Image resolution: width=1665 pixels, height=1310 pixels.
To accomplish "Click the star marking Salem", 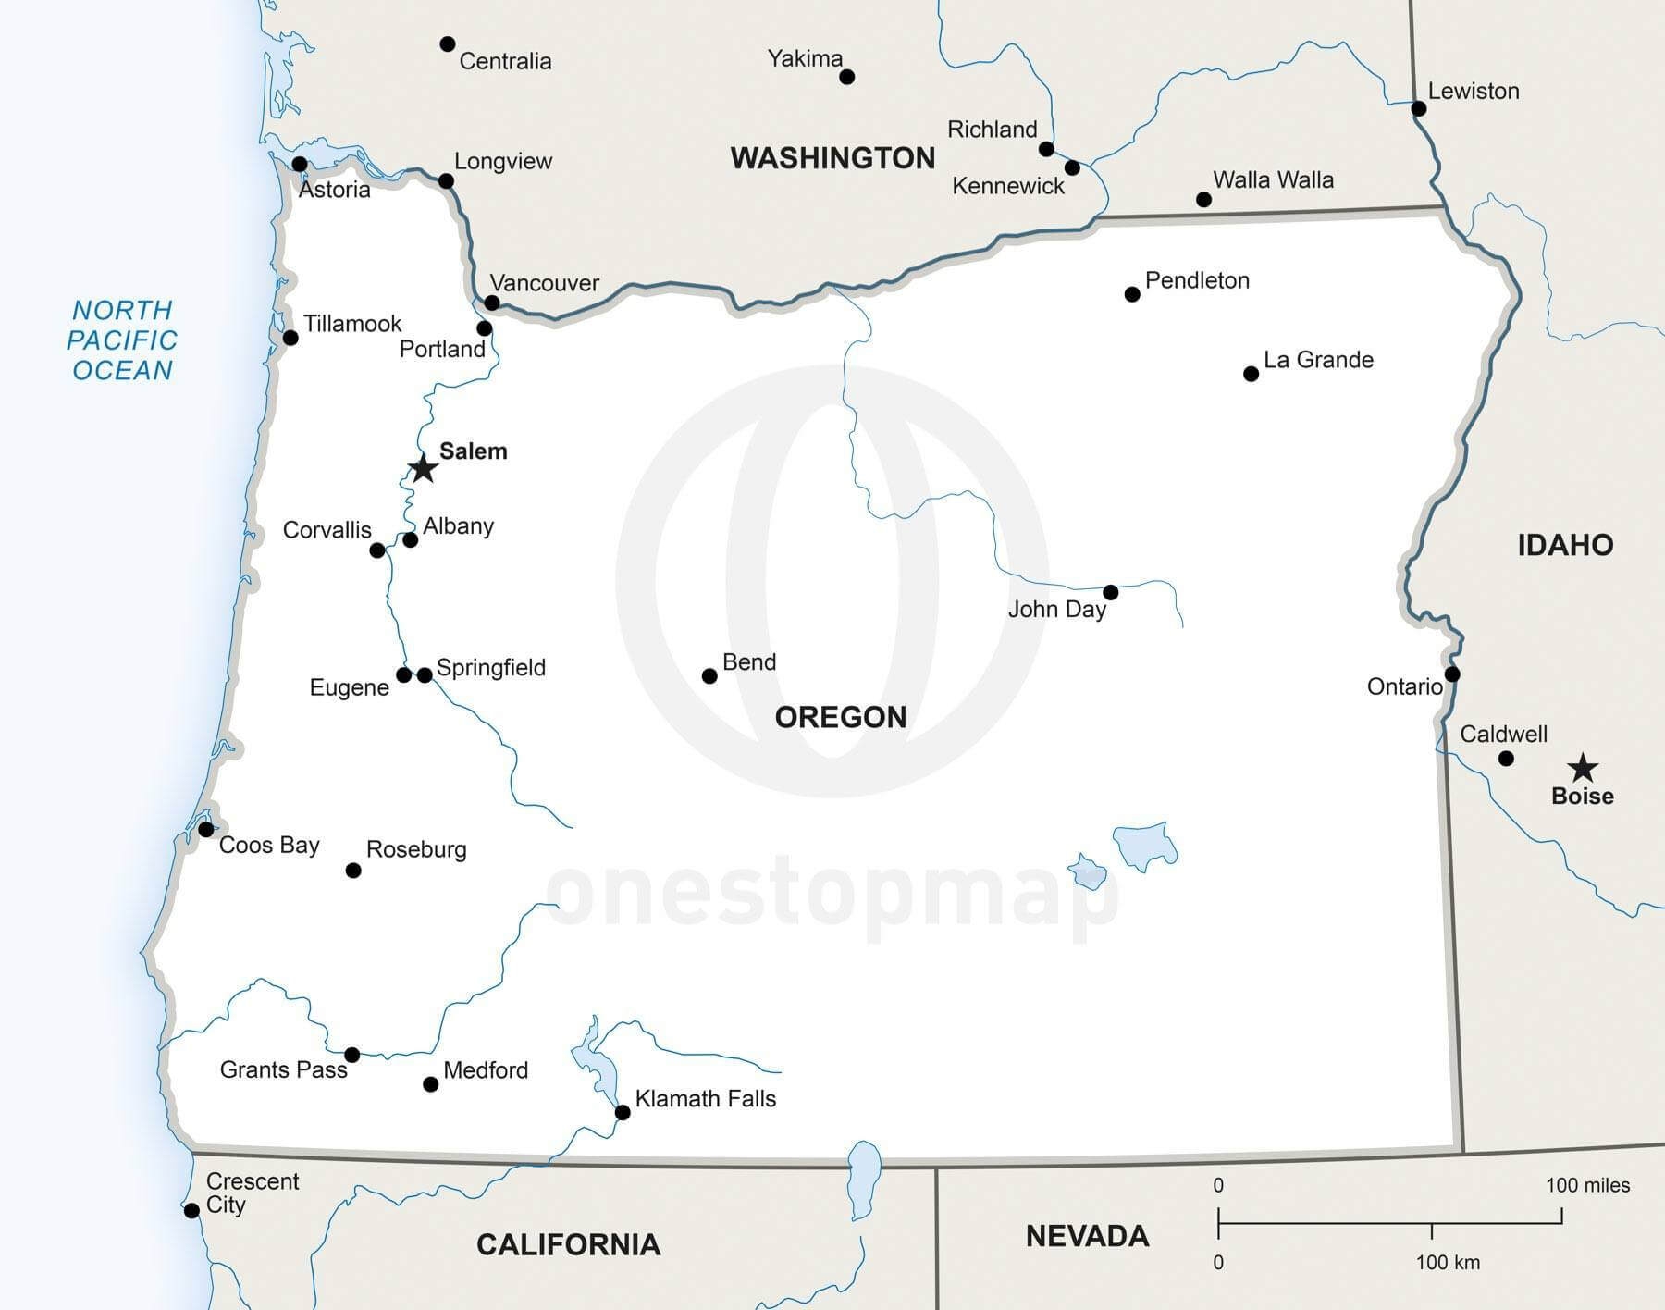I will pos(423,468).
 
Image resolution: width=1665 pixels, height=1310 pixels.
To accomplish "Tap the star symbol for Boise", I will pos(1583,767).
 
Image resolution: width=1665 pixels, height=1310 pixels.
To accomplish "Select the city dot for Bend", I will pos(709,676).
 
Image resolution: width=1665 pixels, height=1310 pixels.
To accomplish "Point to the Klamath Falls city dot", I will pos(623,1112).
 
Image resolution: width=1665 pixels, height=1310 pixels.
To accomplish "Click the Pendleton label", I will pos(1197,280).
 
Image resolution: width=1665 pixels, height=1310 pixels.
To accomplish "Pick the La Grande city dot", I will pos(1251,374).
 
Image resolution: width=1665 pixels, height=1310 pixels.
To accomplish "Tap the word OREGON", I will pos(840,717).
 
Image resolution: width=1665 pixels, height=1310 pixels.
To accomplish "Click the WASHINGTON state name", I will pos(832,158).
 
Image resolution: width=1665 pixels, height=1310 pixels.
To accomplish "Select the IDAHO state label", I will pos(1565,545).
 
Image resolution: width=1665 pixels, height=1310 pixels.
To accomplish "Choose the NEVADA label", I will pos(1087,1236).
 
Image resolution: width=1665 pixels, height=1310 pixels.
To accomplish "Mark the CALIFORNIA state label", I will pos(568,1244).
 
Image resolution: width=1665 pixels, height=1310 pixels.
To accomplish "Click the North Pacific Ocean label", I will pos(122,340).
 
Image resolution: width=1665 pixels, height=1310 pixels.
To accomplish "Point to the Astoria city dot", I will pos(300,165).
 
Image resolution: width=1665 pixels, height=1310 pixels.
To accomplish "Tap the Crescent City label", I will pos(239,1193).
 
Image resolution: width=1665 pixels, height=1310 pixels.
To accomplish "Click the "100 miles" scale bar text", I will pos(1587,1185).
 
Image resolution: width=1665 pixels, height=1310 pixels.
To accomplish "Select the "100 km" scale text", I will pos(1448,1263).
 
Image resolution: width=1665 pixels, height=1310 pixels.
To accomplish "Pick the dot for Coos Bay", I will pos(206,829).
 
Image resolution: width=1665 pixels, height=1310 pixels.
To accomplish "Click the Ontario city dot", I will pos(1452,674).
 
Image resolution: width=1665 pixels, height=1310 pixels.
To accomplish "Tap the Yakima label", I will pos(805,58).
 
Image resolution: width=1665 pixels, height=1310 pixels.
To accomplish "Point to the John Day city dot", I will pos(1111,592).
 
